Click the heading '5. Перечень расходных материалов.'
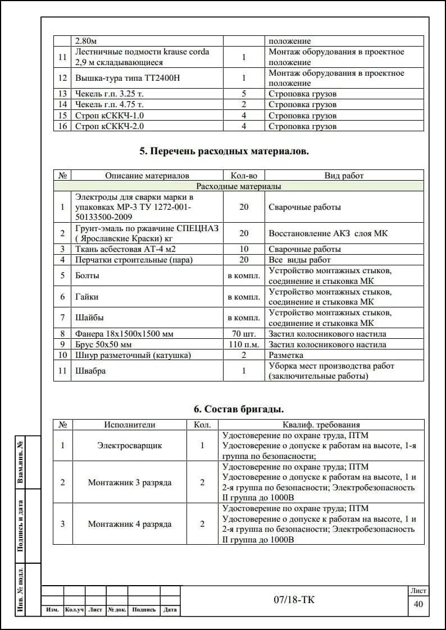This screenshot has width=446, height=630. tap(224, 151)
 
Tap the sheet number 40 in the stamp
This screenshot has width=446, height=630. tap(418, 604)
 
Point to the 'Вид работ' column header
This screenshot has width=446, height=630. tap(344, 176)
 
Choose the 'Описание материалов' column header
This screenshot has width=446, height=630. tap(147, 176)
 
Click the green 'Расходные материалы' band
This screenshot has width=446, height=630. tap(239, 186)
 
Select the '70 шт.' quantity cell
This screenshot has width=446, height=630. tap(244, 334)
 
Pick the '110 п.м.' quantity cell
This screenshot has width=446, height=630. tap(244, 344)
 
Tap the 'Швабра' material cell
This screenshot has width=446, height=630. tap(90, 371)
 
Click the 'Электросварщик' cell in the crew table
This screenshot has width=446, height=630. tap(130, 445)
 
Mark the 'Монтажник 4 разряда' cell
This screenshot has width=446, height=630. tap(130, 524)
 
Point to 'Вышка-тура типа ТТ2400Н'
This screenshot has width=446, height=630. tap(128, 78)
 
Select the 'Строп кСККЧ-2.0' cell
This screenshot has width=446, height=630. tap(111, 126)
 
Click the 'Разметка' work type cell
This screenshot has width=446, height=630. tap(286, 355)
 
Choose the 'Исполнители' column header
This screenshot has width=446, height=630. tap(130, 425)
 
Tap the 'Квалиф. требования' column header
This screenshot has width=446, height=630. tap(321, 425)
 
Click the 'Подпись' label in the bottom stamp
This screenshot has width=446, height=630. tap(144, 610)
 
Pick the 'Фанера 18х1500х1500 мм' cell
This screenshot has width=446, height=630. tap(124, 334)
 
